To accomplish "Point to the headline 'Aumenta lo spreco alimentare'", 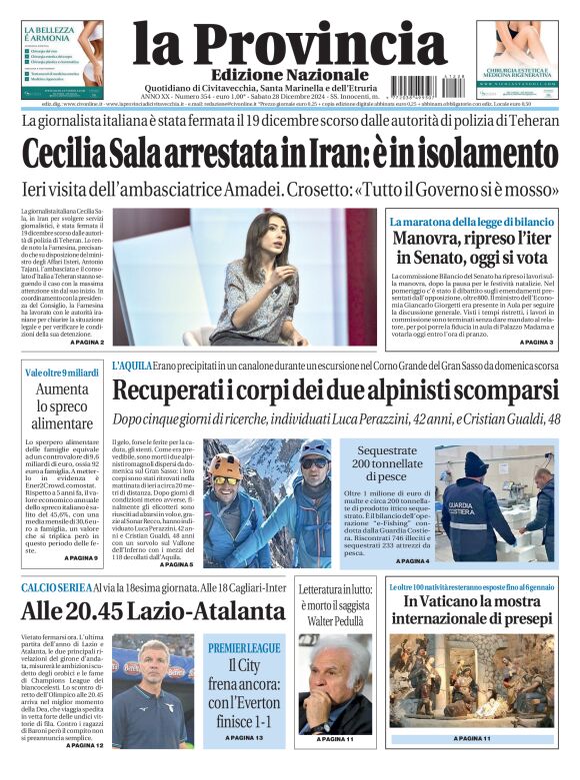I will click(62, 405).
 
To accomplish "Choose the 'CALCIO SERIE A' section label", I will click(56, 587).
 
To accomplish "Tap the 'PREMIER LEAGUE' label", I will click(244, 648).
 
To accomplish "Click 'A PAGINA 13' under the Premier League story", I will click(243, 737).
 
